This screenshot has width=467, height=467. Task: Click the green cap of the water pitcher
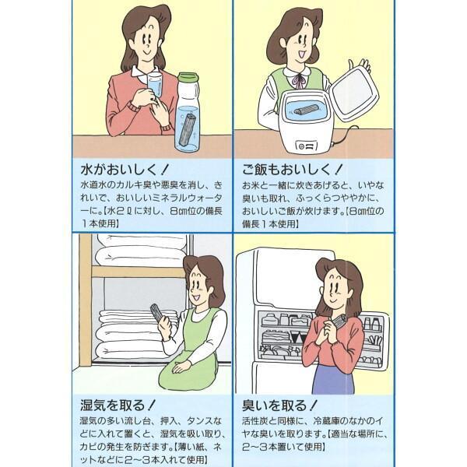[188, 79]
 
